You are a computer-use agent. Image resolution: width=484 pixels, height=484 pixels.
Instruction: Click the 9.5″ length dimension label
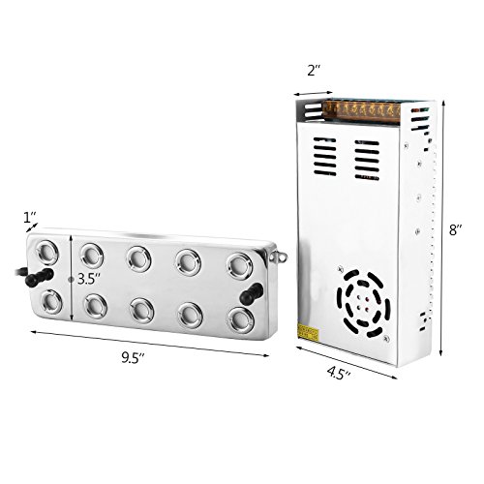point(133,358)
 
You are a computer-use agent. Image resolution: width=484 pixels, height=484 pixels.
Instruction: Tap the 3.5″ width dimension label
point(89,279)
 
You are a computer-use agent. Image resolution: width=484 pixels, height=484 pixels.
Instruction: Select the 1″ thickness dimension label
point(30,218)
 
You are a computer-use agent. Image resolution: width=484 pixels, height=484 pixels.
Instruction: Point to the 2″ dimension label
point(314,71)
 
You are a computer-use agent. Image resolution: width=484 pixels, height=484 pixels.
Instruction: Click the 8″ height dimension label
point(456,230)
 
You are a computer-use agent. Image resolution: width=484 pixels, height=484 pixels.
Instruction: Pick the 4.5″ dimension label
point(339,374)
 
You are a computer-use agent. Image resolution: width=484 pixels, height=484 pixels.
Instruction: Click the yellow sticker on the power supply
point(308,332)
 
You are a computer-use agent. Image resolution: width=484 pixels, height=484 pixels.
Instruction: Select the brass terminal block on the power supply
point(361,111)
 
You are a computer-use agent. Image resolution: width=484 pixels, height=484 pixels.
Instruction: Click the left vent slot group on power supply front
point(325,157)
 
